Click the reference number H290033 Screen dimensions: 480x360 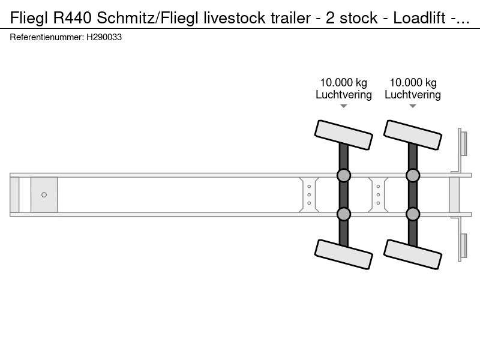(104, 37)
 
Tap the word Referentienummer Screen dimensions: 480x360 (47, 37)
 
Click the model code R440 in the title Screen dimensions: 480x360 (72, 18)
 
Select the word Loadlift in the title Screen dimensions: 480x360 (419, 18)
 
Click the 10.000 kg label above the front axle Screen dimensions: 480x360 (343, 83)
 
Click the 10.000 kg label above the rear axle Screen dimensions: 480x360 (413, 83)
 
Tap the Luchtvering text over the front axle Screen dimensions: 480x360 (343, 95)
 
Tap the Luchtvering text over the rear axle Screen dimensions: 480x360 (413, 95)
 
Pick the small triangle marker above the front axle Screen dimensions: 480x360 (343, 106)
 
